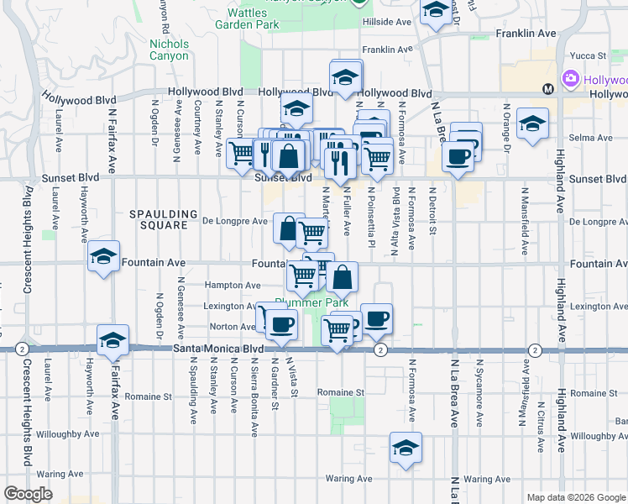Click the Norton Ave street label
(x=233, y=327)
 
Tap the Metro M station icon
(x=547, y=88)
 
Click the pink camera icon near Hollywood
(x=573, y=79)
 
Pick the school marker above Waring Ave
(x=406, y=447)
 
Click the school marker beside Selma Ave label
(x=531, y=123)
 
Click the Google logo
(x=28, y=493)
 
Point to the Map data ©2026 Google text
(x=577, y=497)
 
